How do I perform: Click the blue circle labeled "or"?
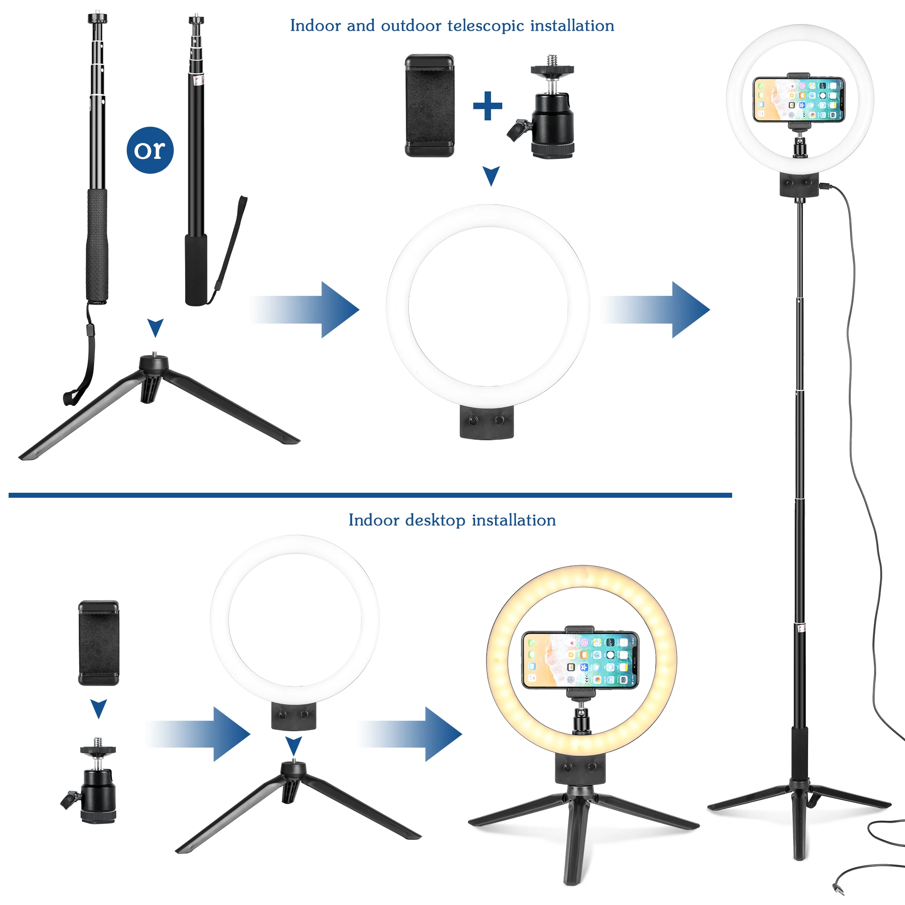[x=150, y=150]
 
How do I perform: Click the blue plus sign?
[x=487, y=106]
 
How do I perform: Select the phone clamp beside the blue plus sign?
[x=429, y=106]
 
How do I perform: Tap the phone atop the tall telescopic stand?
[x=798, y=100]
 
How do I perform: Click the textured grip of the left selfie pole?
[x=97, y=243]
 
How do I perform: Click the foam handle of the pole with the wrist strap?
[x=196, y=269]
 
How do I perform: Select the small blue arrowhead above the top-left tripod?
[x=155, y=327]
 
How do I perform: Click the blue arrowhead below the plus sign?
[x=491, y=175]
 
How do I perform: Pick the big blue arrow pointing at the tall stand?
[x=656, y=310]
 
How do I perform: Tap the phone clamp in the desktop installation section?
[x=98, y=643]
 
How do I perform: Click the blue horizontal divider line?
[x=370, y=495]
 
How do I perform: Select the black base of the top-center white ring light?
[x=487, y=422]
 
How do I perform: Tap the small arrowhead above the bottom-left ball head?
[x=98, y=708]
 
